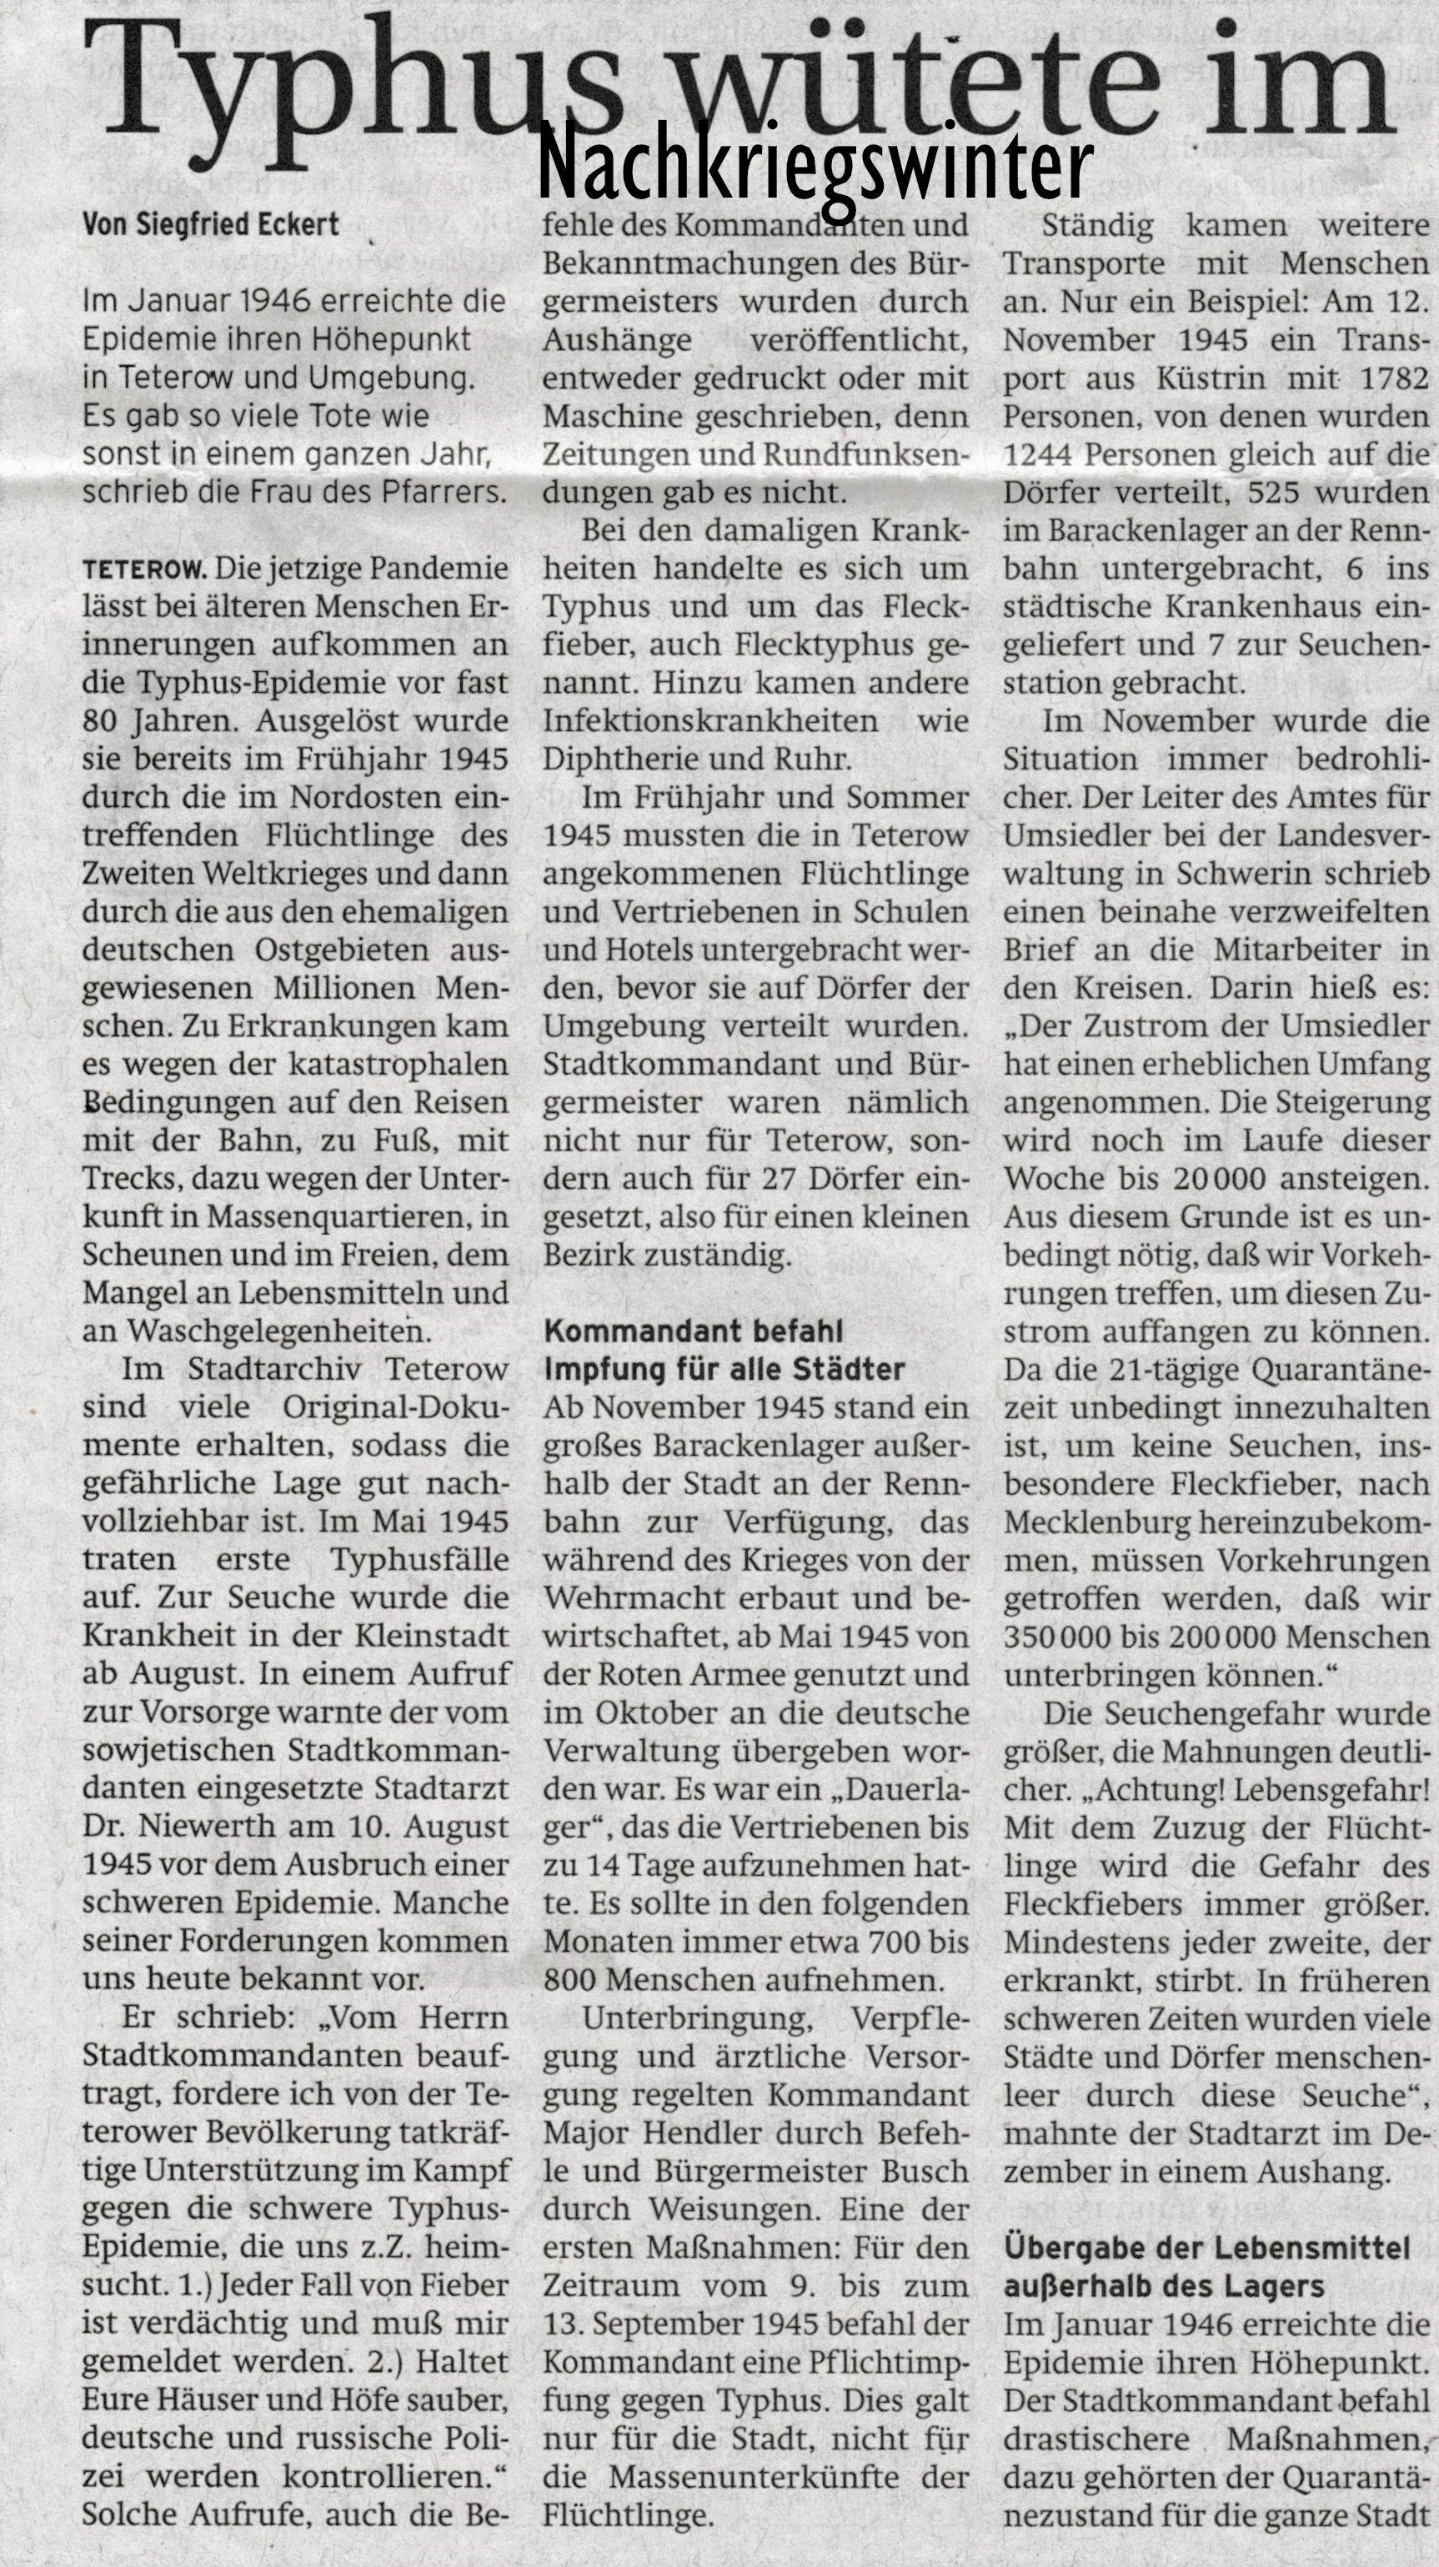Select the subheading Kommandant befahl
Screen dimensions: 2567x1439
693,1331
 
